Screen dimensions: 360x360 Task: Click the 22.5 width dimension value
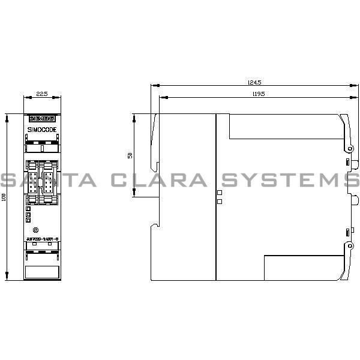click(x=41, y=94)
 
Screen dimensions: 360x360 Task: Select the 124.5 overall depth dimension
click(x=255, y=82)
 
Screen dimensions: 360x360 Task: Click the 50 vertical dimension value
click(x=130, y=155)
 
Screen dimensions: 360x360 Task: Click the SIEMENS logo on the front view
click(x=42, y=118)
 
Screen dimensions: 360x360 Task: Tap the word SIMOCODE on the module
click(x=42, y=129)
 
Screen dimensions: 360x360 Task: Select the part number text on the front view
click(x=42, y=239)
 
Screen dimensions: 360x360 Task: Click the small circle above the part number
click(x=36, y=230)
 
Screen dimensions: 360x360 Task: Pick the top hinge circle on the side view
click(x=349, y=148)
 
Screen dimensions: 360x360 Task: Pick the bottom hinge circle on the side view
click(x=349, y=245)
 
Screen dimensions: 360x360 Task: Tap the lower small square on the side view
click(x=220, y=202)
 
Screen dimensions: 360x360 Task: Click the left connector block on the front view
click(x=34, y=180)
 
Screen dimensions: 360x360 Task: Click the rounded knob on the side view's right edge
click(x=354, y=200)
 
